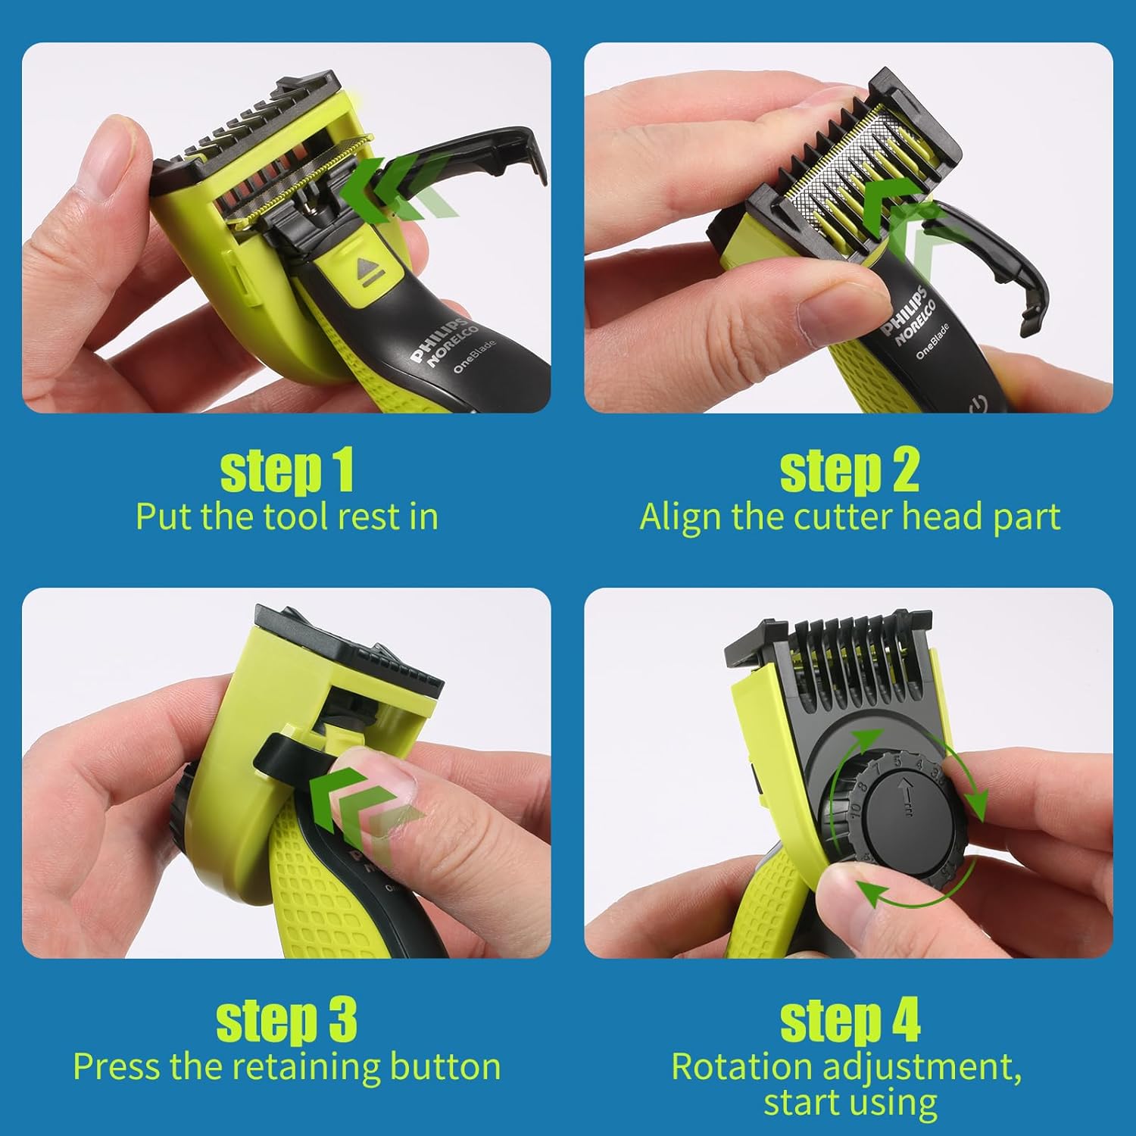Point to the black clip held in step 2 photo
pyautogui.click(x=985, y=257)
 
